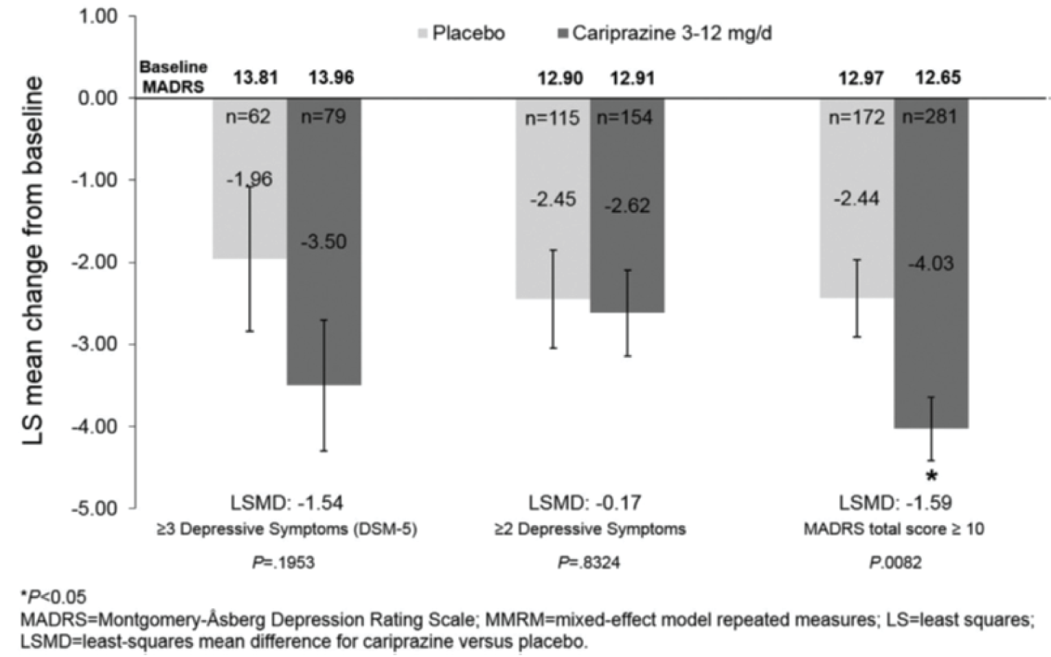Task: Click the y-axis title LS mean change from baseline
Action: (33, 261)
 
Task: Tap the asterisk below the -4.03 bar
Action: (931, 475)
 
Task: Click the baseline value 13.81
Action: (256, 78)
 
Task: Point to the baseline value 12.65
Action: (938, 78)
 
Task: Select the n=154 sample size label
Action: (624, 117)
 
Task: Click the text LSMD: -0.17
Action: (585, 503)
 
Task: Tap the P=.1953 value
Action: (283, 563)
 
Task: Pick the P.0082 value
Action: (895, 563)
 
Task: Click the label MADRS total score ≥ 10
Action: (894, 529)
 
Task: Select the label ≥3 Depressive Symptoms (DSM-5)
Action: (286, 529)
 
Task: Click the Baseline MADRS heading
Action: (173, 77)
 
